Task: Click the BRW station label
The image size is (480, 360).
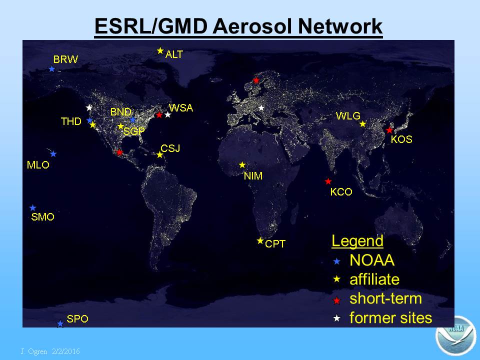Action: (65, 59)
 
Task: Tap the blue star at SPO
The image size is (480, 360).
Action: (60, 323)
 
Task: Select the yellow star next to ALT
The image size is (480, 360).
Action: (160, 51)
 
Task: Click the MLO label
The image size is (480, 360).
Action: (38, 165)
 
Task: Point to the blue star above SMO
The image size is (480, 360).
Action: (33, 208)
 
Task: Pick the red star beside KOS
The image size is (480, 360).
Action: (389, 130)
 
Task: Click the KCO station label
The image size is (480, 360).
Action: (341, 192)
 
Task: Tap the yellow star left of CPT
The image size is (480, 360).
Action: (260, 241)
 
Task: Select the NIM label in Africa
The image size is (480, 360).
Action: (253, 176)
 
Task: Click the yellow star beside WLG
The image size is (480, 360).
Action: (363, 123)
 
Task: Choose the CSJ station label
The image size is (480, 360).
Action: (170, 148)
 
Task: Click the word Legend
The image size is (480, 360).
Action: (357, 241)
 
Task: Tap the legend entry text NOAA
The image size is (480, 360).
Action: (372, 260)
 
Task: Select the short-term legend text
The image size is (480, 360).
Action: (385, 298)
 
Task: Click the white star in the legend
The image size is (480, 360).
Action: (336, 318)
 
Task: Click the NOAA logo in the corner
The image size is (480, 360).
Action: (456, 335)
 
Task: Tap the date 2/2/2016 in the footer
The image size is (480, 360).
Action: (66, 351)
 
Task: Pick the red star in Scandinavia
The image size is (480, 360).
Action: (256, 80)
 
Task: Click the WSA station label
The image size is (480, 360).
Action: (181, 108)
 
